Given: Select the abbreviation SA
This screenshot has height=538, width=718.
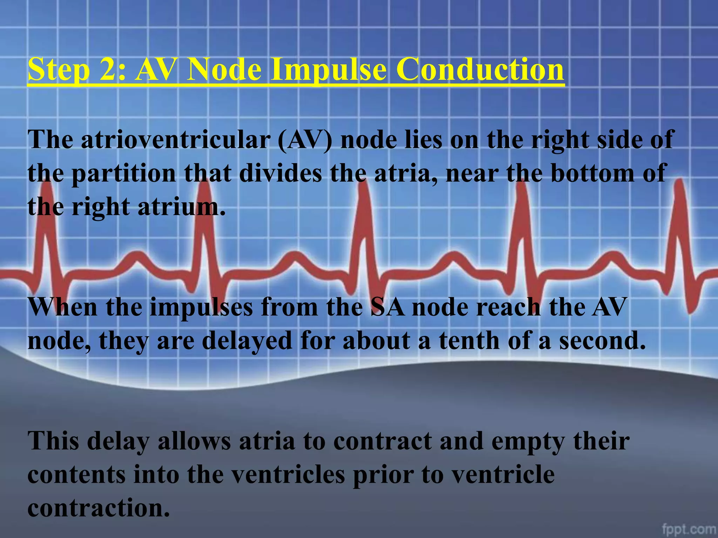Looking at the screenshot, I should click(388, 307).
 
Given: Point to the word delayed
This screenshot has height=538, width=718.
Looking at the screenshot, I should click(247, 341).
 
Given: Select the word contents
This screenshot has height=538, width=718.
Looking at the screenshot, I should click(76, 475).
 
